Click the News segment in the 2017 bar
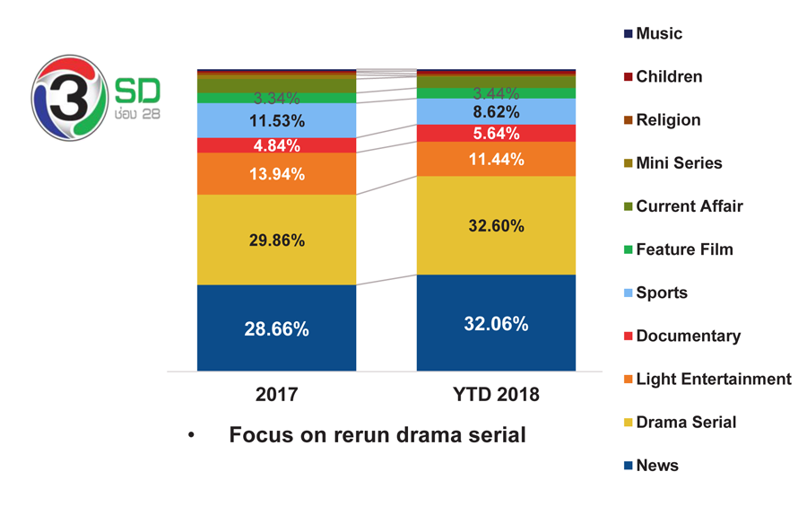tap(276, 327)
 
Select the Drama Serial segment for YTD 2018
tap(496, 226)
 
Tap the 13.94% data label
tap(277, 174)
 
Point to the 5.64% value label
tap(496, 134)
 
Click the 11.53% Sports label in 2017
tap(277, 121)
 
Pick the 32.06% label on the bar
tap(496, 324)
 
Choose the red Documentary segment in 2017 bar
tap(276, 145)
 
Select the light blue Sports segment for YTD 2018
tap(496, 111)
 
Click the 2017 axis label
tap(277, 394)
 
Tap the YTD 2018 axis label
tap(496, 394)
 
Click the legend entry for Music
tap(653, 33)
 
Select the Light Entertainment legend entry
tap(707, 379)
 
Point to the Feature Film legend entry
tap(679, 249)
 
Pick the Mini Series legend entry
tap(673, 162)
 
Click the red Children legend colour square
tap(628, 77)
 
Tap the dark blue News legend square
tap(628, 466)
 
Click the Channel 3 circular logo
tap(70, 98)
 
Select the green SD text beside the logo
tap(137, 91)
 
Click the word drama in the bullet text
tap(429, 435)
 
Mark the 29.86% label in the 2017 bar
tap(277, 240)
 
